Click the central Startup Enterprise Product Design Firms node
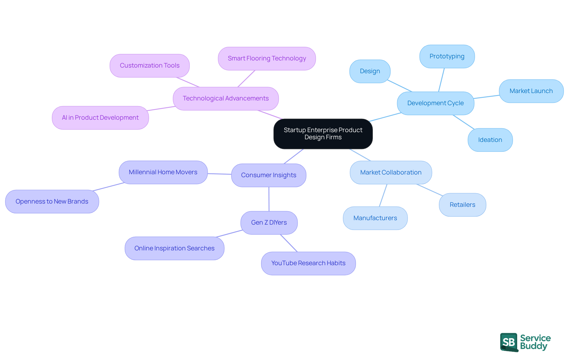323,134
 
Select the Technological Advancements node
226,98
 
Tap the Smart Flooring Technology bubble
267,58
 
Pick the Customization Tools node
149,65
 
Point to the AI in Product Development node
100,118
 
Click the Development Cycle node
435,103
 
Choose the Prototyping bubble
447,56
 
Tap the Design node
370,71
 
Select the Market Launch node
531,91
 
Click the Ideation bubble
490,140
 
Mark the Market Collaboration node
391,172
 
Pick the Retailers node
462,205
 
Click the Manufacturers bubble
375,218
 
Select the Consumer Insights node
268,175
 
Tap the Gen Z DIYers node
269,223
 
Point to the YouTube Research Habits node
308,263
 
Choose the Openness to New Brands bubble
52,201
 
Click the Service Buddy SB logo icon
509,342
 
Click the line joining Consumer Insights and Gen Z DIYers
269,199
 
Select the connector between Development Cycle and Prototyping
441,80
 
